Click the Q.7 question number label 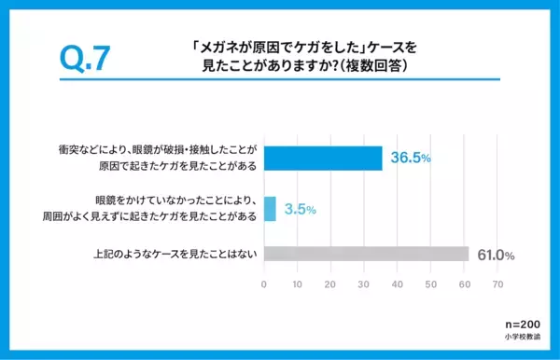(x=86, y=58)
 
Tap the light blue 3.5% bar (x=271, y=207)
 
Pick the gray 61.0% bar (x=366, y=255)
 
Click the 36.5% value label (x=409, y=159)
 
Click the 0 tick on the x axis (x=265, y=284)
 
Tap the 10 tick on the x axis (x=298, y=284)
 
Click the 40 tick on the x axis (x=399, y=284)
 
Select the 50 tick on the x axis (x=431, y=284)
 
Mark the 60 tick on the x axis (x=465, y=284)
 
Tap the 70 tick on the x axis (x=498, y=284)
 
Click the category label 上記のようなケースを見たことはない (x=174, y=255)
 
